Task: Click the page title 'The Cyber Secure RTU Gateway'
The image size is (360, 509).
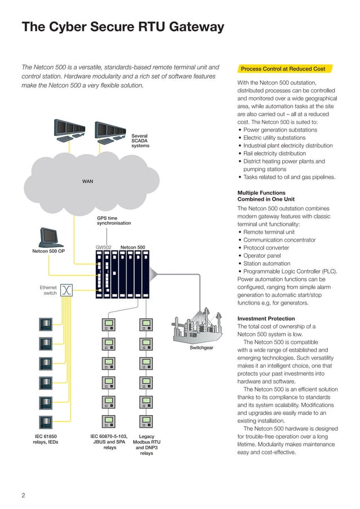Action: tap(122, 27)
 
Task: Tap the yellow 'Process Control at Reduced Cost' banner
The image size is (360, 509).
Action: tap(283, 69)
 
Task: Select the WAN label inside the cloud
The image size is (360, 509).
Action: tap(87, 181)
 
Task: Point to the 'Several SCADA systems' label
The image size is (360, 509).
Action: tap(140, 141)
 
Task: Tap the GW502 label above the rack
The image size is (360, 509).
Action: tap(104, 247)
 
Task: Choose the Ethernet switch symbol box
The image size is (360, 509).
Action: tap(67, 290)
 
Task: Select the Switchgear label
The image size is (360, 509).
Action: tap(201, 348)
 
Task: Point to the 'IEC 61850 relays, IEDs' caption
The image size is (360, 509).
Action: tap(45, 439)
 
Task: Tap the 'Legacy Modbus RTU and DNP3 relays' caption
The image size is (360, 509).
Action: tap(146, 445)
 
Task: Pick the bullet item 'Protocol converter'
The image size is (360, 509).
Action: tap(266, 248)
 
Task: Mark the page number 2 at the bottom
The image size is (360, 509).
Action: tap(23, 495)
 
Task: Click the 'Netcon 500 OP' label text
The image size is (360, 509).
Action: tap(48, 251)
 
